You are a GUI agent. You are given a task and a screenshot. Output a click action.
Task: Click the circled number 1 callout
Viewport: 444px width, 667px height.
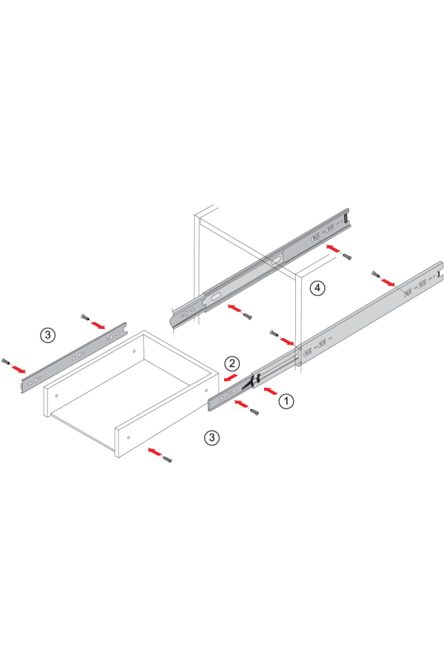[286, 401]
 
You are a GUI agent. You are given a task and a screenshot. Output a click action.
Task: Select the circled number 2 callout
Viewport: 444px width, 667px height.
[232, 363]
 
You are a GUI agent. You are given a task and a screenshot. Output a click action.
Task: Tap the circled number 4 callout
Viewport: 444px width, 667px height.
[317, 288]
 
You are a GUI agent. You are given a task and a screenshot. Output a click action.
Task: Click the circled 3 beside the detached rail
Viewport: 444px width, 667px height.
[47, 335]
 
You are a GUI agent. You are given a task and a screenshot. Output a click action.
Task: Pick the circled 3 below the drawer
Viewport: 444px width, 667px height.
[212, 437]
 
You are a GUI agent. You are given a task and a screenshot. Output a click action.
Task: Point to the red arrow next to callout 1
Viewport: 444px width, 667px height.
[271, 391]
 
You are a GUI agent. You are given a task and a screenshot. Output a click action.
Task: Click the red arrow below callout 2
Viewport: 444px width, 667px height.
[231, 378]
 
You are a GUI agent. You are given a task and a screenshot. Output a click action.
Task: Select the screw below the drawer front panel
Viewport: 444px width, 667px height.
[168, 459]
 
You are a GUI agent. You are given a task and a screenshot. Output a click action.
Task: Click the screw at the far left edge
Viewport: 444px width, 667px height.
[6, 362]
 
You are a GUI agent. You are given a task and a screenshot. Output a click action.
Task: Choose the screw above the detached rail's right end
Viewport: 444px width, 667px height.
[85, 317]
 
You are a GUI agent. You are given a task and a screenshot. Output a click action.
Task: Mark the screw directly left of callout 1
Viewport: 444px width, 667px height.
[255, 411]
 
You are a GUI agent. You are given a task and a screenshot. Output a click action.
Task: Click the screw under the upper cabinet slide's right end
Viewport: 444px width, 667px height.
[347, 256]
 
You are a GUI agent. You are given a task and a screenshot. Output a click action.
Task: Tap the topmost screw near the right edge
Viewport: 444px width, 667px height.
[376, 274]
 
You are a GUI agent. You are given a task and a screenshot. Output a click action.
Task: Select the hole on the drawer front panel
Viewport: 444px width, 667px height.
[129, 437]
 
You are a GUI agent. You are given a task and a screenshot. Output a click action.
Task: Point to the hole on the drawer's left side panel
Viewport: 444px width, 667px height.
[56, 396]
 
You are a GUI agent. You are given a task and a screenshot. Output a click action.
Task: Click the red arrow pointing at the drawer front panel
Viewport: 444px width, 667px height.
[155, 451]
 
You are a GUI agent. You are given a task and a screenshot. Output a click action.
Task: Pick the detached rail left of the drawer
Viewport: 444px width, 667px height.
[74, 357]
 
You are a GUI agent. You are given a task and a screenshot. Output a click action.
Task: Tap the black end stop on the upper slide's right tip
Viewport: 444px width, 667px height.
[346, 219]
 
